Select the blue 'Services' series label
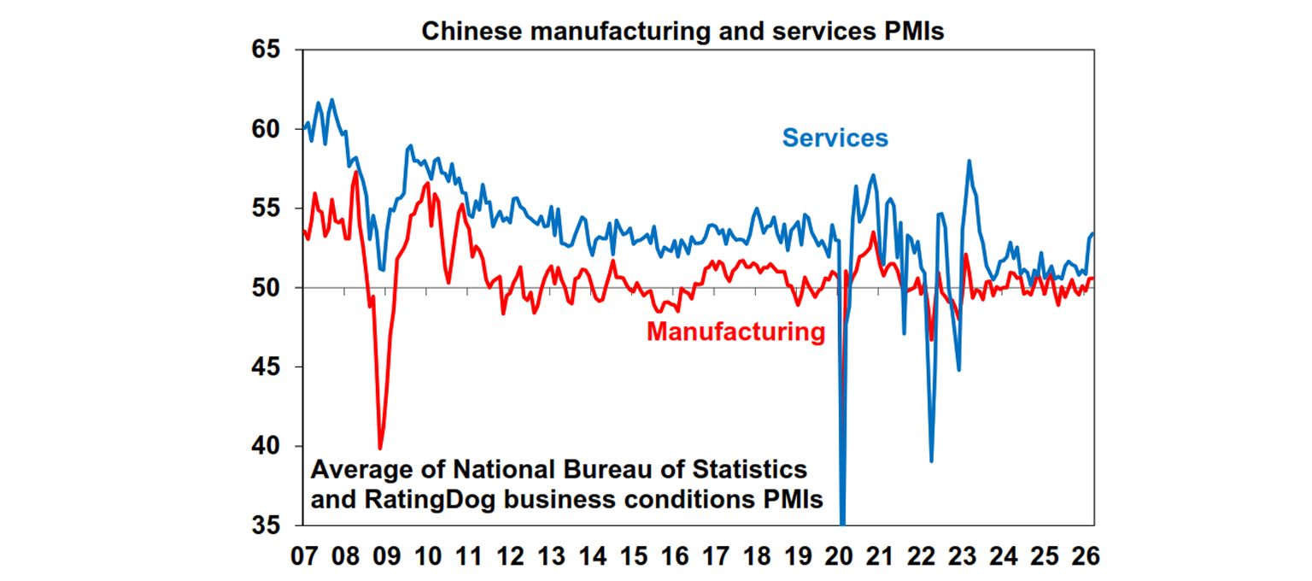click(x=835, y=138)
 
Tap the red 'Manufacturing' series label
click(x=735, y=332)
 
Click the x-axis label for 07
click(x=303, y=556)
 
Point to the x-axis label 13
click(x=551, y=556)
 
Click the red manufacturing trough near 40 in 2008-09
click(x=380, y=448)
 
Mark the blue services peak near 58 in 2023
click(x=969, y=161)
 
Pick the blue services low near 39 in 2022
click(x=931, y=461)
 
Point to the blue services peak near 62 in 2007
click(x=331, y=100)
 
